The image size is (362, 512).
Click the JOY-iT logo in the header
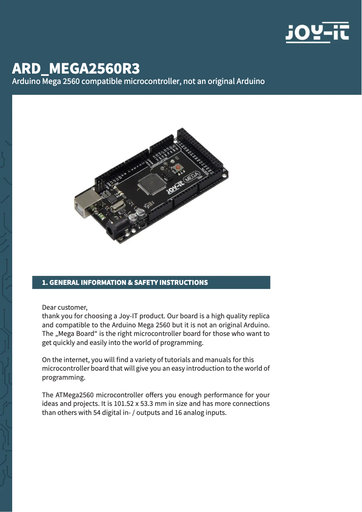tap(317, 33)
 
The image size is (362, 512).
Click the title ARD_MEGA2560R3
tap(76, 69)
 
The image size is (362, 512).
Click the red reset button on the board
tap(179, 168)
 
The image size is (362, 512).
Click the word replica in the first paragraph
tap(259, 316)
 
